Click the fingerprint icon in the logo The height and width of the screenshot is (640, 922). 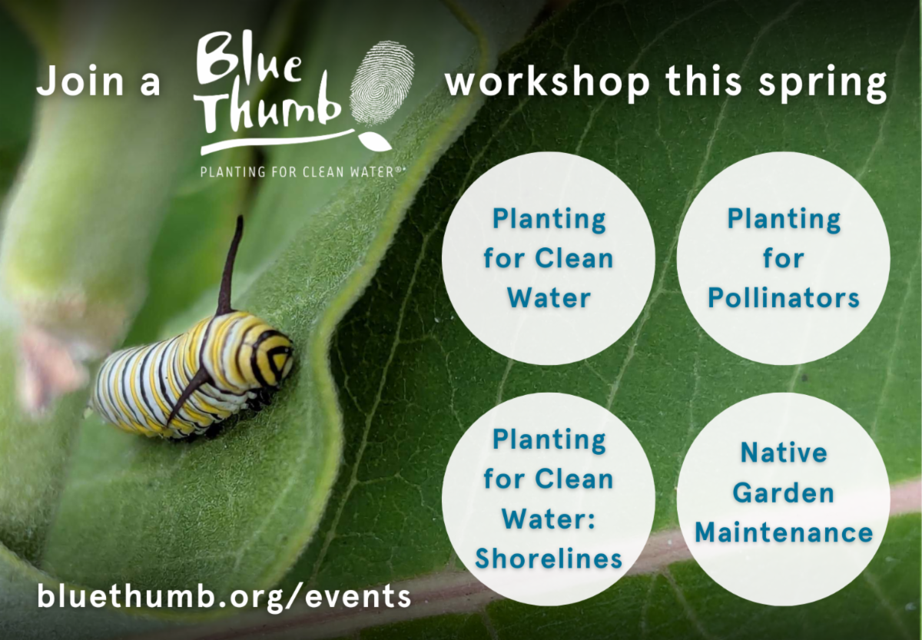[382, 82]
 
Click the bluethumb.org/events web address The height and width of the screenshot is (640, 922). [224, 596]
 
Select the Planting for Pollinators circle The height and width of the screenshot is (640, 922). [783, 258]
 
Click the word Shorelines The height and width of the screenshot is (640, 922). [549, 559]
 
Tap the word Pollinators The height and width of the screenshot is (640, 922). [783, 298]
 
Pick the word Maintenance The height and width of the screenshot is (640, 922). [784, 532]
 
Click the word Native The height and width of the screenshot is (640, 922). [784, 453]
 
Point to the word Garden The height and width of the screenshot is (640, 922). [784, 492]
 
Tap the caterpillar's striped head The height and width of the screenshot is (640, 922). [272, 355]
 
